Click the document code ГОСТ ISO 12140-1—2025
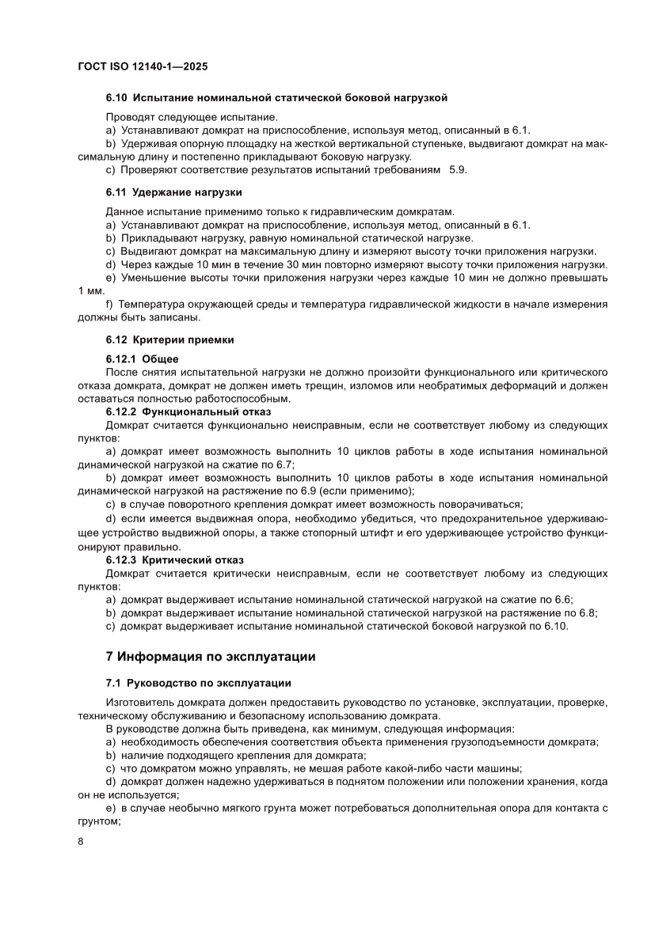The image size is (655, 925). [x=143, y=68]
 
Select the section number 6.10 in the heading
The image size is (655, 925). [x=116, y=98]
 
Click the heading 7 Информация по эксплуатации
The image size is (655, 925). [x=210, y=656]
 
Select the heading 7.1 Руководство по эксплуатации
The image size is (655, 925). [x=198, y=683]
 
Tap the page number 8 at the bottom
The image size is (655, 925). [x=81, y=840]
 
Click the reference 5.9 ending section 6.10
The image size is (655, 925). [x=458, y=170]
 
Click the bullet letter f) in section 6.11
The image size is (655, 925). [x=110, y=305]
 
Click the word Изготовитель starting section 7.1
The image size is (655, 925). [x=139, y=702]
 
